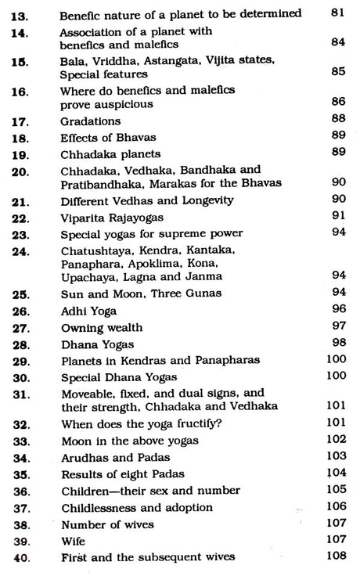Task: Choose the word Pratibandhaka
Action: [98, 182]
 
